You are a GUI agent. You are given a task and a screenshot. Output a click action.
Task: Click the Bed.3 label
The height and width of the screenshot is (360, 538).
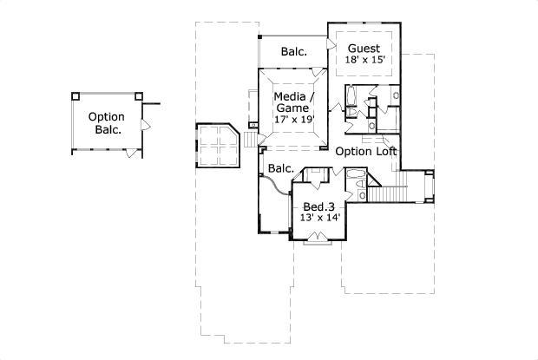pyautogui.click(x=318, y=206)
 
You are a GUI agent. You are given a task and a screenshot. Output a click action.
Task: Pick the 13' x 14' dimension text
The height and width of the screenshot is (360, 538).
pyautogui.click(x=319, y=218)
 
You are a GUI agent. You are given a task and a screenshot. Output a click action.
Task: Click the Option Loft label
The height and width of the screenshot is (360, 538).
pyautogui.click(x=366, y=151)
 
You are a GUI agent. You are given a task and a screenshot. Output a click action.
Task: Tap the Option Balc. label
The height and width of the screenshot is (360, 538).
pyautogui.click(x=107, y=123)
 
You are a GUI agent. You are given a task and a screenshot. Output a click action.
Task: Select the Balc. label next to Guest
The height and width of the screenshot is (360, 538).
pyautogui.click(x=293, y=52)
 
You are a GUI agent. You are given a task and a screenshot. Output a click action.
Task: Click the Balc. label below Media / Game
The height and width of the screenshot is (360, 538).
pyautogui.click(x=280, y=168)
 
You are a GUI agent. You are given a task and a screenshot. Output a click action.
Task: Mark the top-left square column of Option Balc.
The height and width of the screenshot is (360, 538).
pyautogui.click(x=75, y=95)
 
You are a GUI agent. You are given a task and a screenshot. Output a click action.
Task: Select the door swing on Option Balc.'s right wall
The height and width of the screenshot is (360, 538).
pyautogui.click(x=145, y=127)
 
